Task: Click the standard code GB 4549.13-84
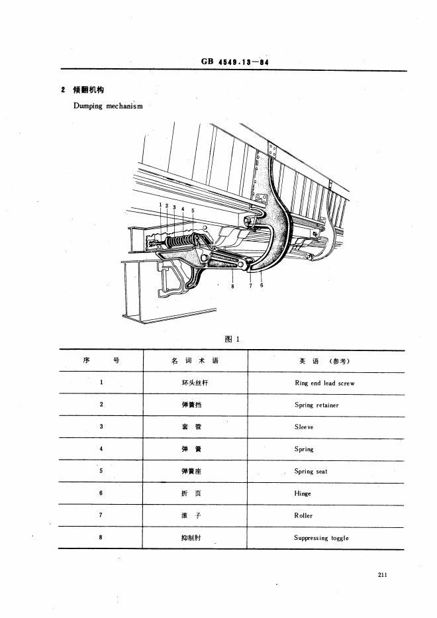pyautogui.click(x=238, y=63)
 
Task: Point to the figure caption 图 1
pyautogui.click(x=232, y=339)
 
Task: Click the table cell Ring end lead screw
pyautogui.click(x=324, y=383)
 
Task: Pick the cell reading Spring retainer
pyautogui.click(x=316, y=405)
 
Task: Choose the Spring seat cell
pyautogui.click(x=311, y=472)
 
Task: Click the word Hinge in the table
pyautogui.click(x=303, y=493)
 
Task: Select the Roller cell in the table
pyautogui.click(x=303, y=515)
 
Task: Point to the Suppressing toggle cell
pyautogui.click(x=321, y=538)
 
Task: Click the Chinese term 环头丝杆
pyautogui.click(x=194, y=383)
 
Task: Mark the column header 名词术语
pyautogui.click(x=194, y=361)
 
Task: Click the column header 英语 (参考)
pyautogui.click(x=324, y=361)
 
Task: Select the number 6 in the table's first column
pyautogui.click(x=101, y=493)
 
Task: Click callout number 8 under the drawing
pyautogui.click(x=233, y=287)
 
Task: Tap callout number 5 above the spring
pyautogui.click(x=193, y=210)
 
